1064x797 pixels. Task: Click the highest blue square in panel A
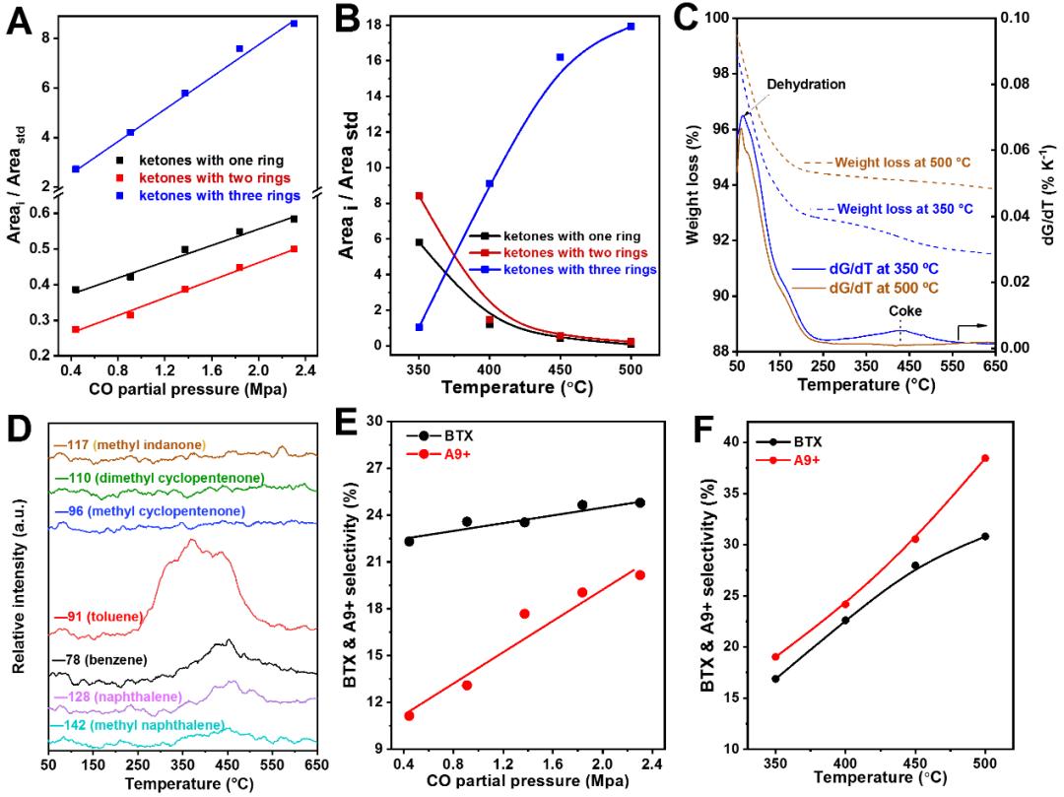(294, 23)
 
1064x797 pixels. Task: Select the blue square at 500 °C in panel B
(630, 27)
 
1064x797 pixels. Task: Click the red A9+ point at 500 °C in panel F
(985, 458)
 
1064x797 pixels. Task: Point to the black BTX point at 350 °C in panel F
(775, 679)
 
